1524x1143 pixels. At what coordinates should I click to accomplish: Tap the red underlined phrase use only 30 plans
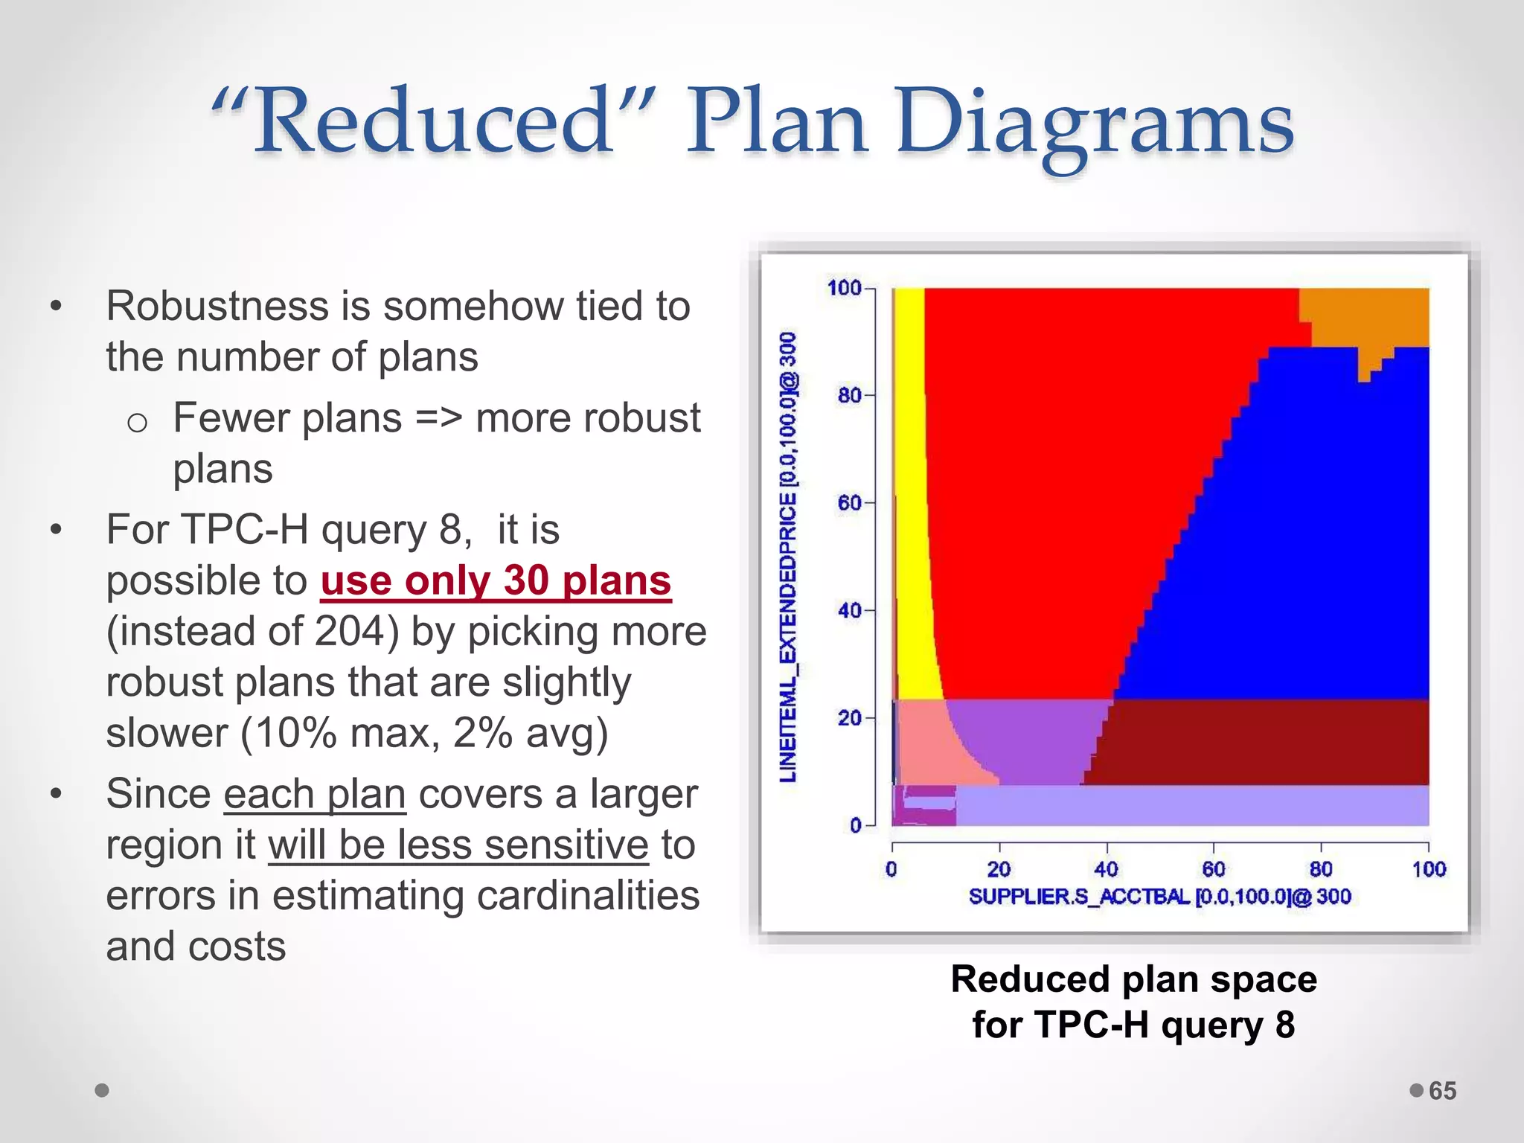pyautogui.click(x=496, y=581)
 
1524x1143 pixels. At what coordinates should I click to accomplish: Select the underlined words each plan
pyautogui.click(x=315, y=794)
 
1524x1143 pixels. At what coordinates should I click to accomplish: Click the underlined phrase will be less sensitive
pyautogui.click(x=458, y=845)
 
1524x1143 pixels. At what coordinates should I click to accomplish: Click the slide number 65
pyautogui.click(x=1442, y=1091)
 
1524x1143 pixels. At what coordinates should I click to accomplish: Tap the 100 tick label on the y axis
pyautogui.click(x=844, y=288)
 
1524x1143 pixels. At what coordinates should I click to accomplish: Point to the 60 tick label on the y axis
pyautogui.click(x=849, y=503)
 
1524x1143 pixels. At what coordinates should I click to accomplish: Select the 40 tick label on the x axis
pyautogui.click(x=1106, y=869)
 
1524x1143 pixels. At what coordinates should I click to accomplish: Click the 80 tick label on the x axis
pyautogui.click(x=1321, y=869)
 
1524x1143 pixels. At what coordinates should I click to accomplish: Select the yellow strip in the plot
pyautogui.click(x=909, y=484)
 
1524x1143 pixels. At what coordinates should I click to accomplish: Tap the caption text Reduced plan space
pyautogui.click(x=1133, y=979)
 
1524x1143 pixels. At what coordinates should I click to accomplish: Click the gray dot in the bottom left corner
pyautogui.click(x=103, y=1090)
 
